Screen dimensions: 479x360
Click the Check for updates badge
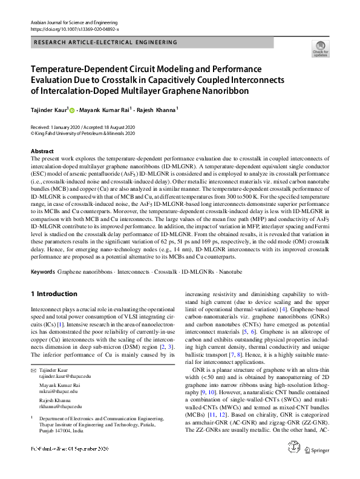click(319, 48)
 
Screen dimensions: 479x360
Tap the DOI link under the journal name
click(74, 29)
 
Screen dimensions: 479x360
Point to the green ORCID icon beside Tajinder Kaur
click(73, 111)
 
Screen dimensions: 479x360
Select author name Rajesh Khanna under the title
click(155, 111)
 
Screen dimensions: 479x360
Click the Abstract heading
click(42, 151)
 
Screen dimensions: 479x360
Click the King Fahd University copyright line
click(82, 134)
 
